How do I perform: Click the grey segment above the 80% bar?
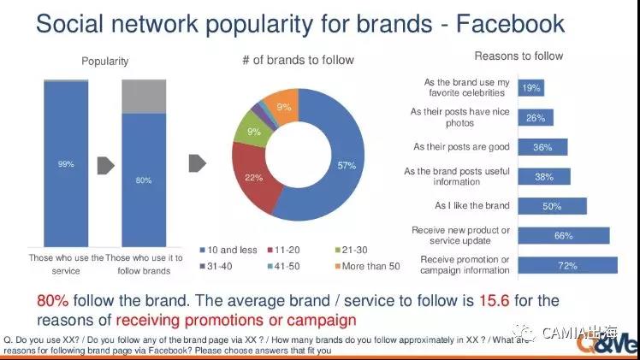coord(144,96)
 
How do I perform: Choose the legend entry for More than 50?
coord(369,266)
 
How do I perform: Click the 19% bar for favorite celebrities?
coord(530,88)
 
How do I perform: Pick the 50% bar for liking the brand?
coord(552,206)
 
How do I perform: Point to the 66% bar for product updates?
coord(563,235)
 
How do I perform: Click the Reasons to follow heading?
coord(519,56)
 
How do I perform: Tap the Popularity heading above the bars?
coord(105,61)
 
